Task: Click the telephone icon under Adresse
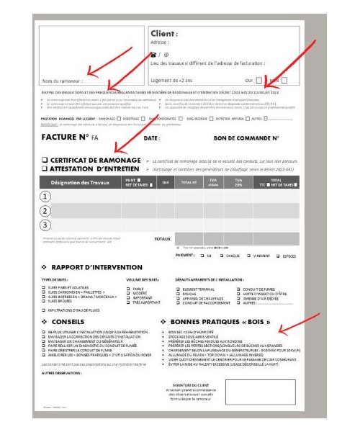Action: point(152,54)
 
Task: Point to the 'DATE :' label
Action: point(152,138)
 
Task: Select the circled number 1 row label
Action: point(47,197)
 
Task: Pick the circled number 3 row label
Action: point(47,225)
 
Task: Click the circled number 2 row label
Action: point(47,211)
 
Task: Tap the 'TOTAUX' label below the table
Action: point(163,238)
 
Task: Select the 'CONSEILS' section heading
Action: point(68,321)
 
